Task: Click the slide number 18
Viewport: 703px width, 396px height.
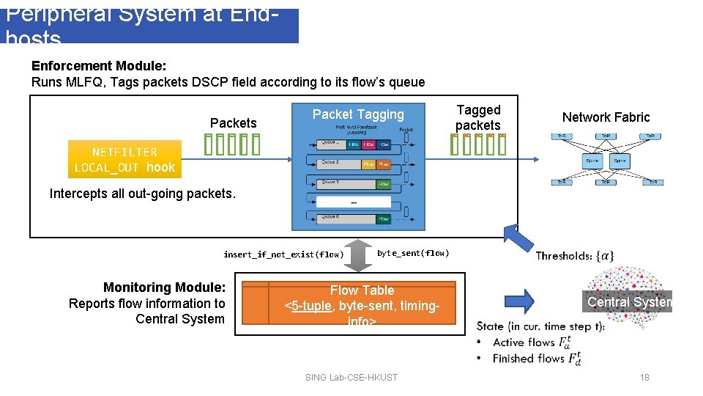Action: (x=644, y=377)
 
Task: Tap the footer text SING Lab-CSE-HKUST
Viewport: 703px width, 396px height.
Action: (x=351, y=377)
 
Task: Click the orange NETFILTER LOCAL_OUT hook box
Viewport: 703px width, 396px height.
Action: (x=124, y=160)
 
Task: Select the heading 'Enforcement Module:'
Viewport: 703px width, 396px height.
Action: (x=99, y=66)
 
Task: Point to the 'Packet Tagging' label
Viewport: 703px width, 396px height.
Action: (x=358, y=114)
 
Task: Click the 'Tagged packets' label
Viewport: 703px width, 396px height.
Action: (x=478, y=117)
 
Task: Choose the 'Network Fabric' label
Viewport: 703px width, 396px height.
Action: (x=606, y=117)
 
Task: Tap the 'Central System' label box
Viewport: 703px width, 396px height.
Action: (x=629, y=301)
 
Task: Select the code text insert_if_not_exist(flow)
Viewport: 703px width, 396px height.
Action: (x=283, y=254)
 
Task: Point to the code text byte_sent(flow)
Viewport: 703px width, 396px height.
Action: (x=413, y=253)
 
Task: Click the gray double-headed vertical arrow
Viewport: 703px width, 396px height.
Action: (x=359, y=254)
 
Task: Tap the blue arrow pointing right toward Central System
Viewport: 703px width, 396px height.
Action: (x=520, y=300)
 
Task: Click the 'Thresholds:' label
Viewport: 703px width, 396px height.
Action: (x=564, y=255)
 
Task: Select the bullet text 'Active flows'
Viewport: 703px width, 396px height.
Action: (x=524, y=342)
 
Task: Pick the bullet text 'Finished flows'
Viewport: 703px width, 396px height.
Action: (x=529, y=359)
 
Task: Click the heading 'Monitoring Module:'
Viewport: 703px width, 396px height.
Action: (x=164, y=287)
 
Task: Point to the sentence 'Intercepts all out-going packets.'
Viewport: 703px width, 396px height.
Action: (x=143, y=194)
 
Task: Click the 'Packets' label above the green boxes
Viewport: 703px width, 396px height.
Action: (x=233, y=123)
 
